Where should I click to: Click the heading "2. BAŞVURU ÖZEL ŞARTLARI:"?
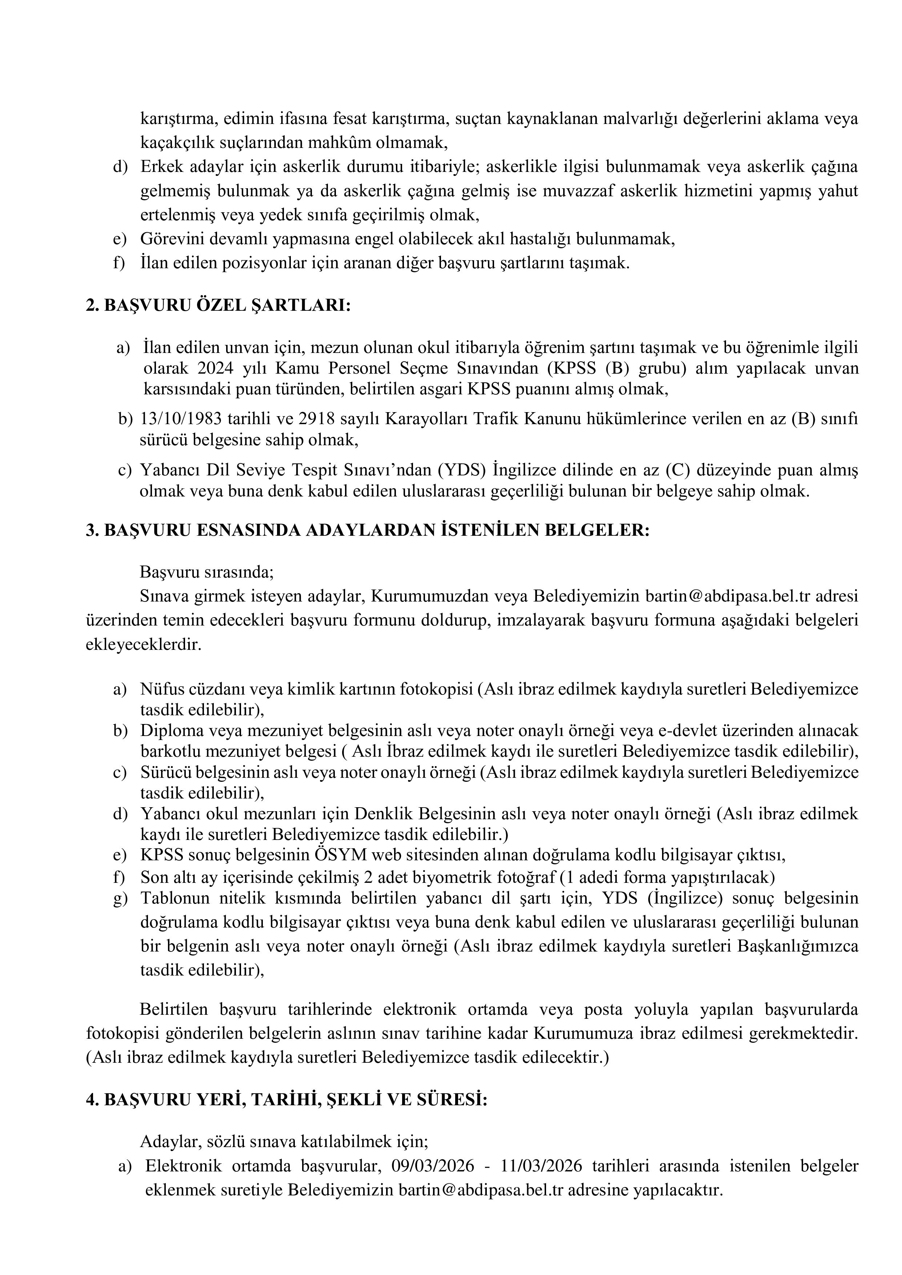pyautogui.click(x=218, y=306)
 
